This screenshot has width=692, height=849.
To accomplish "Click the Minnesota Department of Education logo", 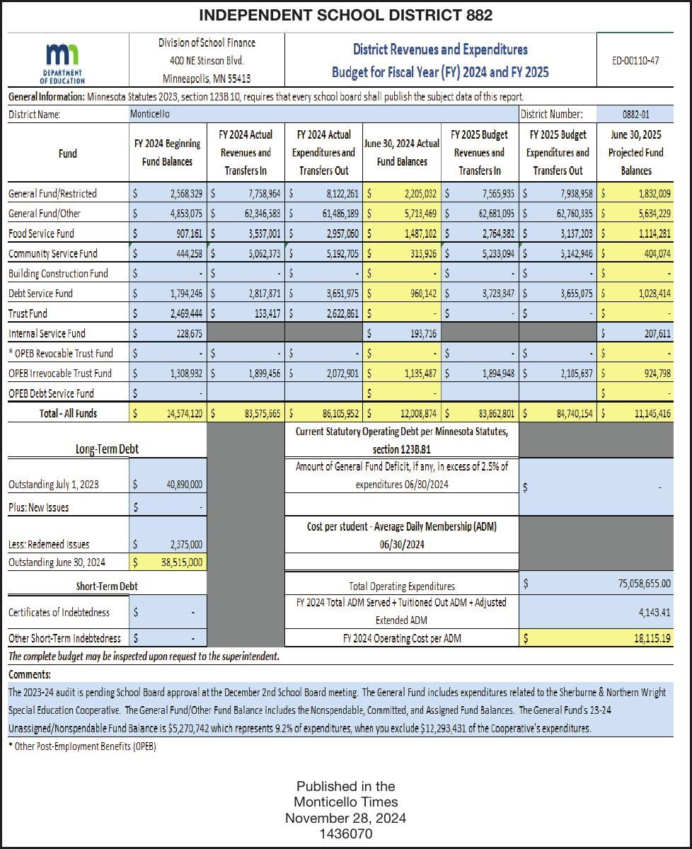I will [63, 62].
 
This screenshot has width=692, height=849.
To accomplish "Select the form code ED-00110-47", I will [635, 61].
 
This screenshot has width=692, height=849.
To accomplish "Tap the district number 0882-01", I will [635, 114].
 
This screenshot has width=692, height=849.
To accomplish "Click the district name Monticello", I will [150, 114].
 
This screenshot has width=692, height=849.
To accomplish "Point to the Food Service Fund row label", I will [41, 233].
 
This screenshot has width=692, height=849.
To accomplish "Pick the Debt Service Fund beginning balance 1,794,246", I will [185, 294].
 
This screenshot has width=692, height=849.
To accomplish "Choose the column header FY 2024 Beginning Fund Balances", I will [168, 153].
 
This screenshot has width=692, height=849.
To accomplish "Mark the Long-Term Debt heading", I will [106, 449].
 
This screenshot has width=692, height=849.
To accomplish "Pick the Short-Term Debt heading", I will [107, 586].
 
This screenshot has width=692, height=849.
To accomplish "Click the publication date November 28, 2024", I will [345, 819].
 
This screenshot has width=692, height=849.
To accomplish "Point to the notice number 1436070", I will [345, 834].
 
